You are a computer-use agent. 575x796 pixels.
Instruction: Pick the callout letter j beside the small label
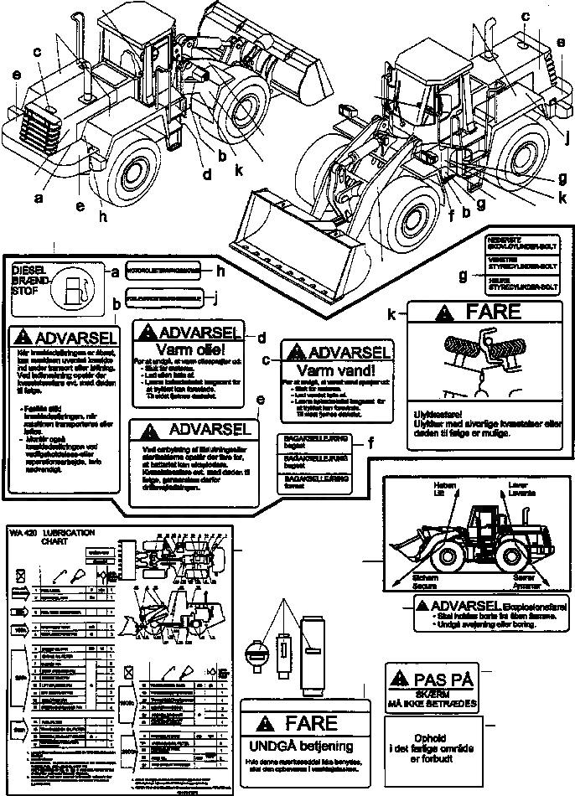pos(215,296)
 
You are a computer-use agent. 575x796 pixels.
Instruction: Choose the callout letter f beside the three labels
pos(370,442)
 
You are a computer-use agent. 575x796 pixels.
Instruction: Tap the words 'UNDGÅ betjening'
pos(299,746)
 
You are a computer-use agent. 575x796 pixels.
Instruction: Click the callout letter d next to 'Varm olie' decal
pos(261,338)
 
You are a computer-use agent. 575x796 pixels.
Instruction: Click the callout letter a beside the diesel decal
pos(115,270)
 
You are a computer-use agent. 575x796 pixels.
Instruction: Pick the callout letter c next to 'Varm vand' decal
pos(265,360)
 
